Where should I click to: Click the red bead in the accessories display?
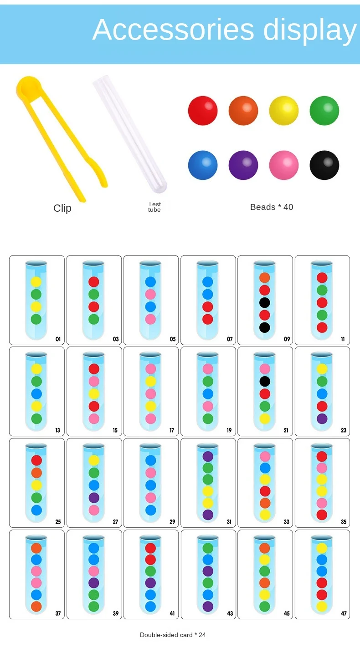203,111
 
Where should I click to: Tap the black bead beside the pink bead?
324,165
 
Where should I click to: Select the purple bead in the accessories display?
243,165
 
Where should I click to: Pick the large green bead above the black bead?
324,111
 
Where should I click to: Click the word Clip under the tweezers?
62,209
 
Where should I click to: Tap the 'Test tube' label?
154,207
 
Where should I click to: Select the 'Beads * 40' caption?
272,207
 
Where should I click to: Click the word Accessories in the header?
173,30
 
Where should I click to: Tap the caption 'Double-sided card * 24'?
173,635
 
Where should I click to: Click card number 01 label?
58,339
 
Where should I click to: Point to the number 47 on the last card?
344,613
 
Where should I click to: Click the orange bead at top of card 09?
264,278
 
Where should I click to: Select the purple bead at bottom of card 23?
322,419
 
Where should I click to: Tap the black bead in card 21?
264,382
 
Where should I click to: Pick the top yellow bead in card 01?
36,282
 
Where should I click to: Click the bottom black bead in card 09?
264,327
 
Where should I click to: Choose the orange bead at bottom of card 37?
36,607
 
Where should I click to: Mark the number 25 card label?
58,522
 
